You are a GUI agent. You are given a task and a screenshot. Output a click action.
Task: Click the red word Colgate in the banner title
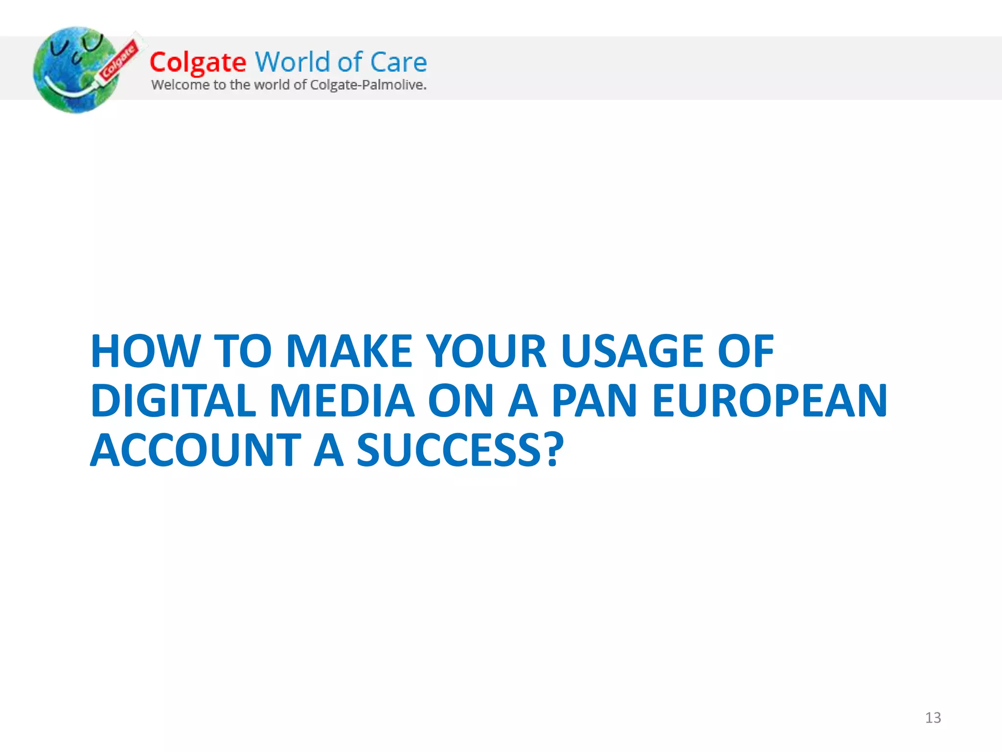(x=198, y=63)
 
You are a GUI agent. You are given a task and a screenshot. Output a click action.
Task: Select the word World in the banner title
(x=293, y=62)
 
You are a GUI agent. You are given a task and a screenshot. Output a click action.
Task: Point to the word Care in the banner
(x=398, y=63)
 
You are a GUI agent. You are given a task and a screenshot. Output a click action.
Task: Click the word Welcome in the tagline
(x=180, y=85)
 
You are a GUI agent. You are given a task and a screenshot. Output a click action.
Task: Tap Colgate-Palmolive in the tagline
(x=368, y=85)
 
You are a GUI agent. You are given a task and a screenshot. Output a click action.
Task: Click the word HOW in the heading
(x=145, y=351)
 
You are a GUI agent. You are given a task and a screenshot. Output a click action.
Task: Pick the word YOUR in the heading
(x=486, y=351)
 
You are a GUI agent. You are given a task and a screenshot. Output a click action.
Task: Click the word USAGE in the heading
(x=632, y=351)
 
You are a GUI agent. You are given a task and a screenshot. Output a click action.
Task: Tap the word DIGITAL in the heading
(x=173, y=400)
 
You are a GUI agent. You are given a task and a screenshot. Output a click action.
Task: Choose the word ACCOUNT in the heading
(x=196, y=450)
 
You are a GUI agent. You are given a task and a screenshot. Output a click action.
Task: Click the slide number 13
(x=933, y=718)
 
